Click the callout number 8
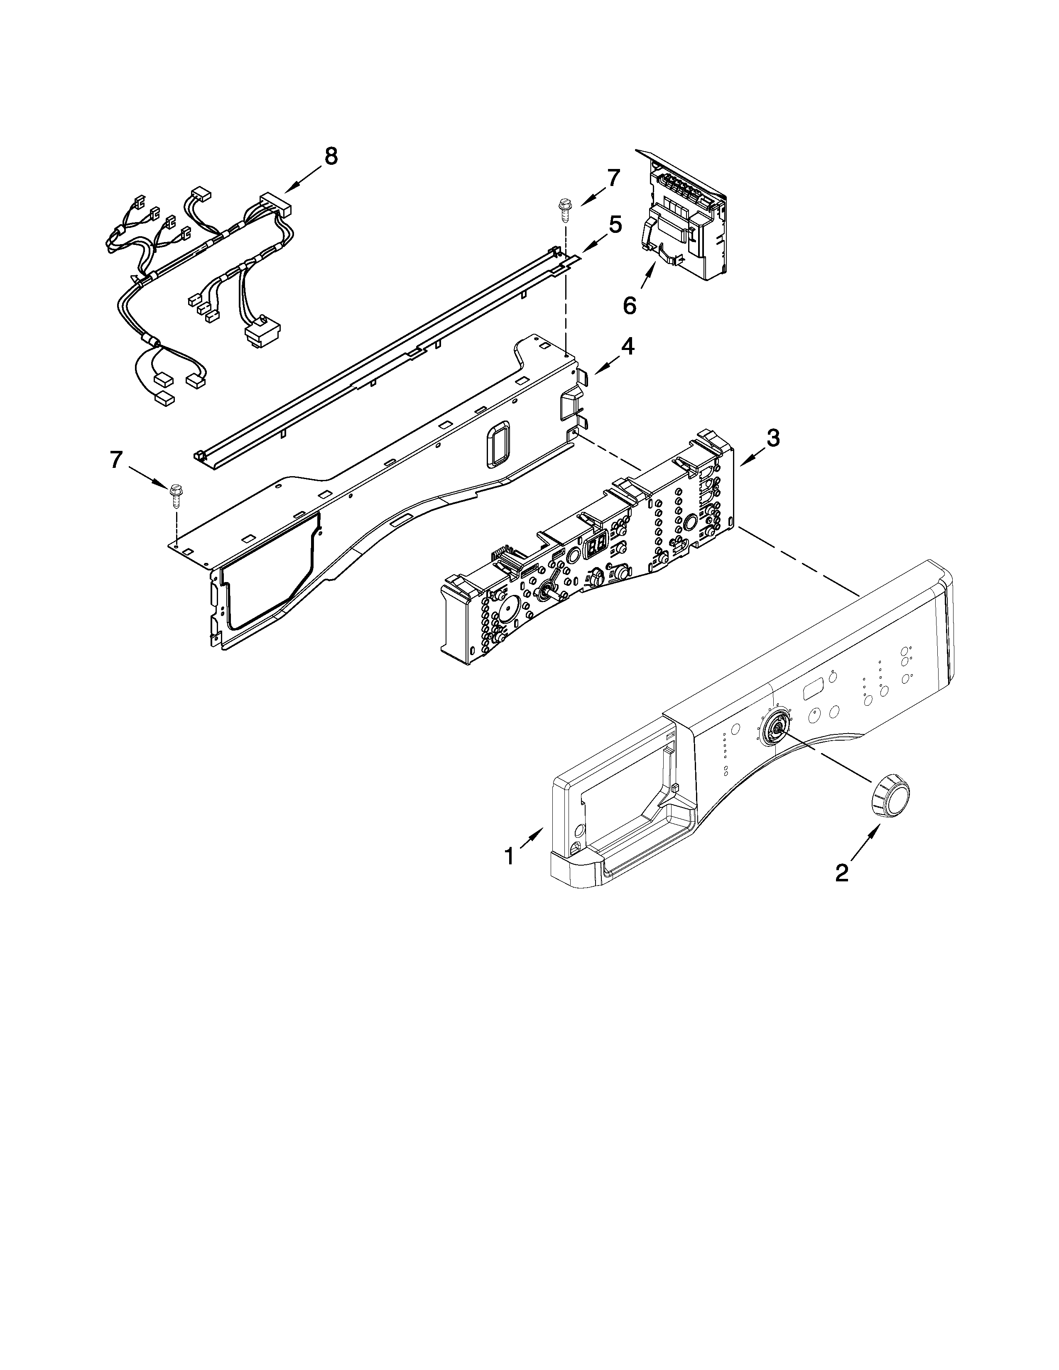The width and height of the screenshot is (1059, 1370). tap(331, 156)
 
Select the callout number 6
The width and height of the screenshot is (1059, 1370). tap(629, 306)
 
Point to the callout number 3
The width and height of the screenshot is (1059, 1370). tap(773, 438)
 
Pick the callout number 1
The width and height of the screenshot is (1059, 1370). tap(510, 856)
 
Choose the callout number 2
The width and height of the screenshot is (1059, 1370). tap(841, 871)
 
